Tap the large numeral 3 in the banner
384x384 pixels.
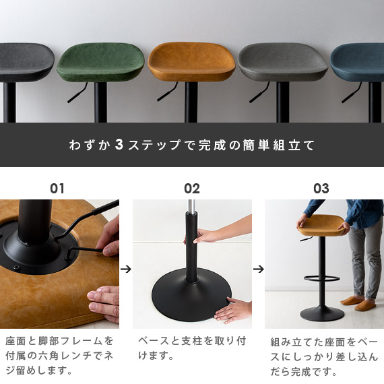[x=119, y=145]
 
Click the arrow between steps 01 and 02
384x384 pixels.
[x=125, y=268]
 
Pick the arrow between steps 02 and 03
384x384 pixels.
[x=259, y=268]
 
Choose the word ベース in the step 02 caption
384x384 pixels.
[x=153, y=341]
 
